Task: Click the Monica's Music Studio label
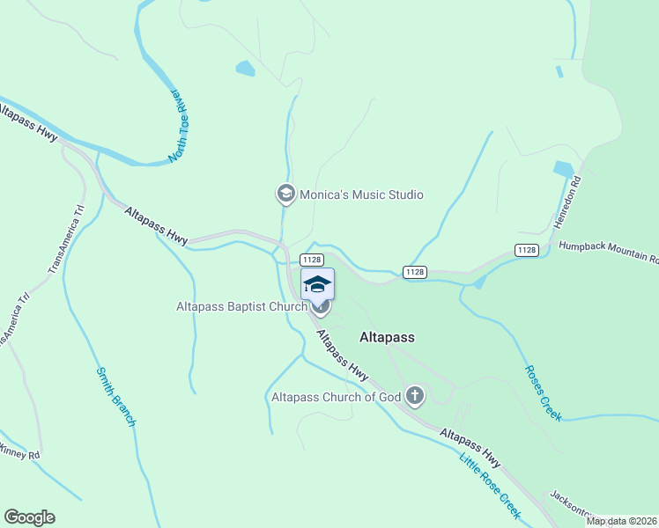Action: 361,194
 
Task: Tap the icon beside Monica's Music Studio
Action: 285,194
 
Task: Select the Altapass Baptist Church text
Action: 241,306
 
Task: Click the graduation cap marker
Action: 318,284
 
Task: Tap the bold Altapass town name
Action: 387,337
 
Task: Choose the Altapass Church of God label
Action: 336,397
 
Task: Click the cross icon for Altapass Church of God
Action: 415,397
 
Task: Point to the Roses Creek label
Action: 543,392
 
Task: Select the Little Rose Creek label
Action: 490,480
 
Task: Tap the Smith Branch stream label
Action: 115,397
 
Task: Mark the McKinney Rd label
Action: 19,454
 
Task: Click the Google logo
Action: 29,517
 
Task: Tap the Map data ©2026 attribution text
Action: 622,521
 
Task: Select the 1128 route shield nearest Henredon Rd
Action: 527,251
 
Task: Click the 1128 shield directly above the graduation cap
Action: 311,260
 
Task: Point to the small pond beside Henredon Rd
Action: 563,168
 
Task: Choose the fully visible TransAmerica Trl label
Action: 66,238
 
